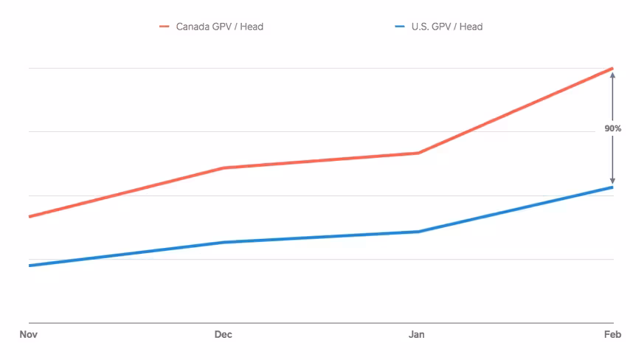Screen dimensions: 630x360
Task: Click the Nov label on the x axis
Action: (29, 334)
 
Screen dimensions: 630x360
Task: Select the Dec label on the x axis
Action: (224, 334)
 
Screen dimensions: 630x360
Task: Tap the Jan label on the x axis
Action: (417, 334)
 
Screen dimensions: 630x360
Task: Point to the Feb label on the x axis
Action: (613, 334)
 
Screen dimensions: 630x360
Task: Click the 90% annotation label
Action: (613, 128)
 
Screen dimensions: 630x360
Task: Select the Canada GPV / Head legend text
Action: (220, 27)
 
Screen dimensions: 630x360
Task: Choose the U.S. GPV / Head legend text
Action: (447, 27)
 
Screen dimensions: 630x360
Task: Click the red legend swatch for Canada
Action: (165, 27)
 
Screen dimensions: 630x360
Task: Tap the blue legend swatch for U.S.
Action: (400, 27)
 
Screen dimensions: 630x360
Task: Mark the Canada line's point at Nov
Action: (30, 217)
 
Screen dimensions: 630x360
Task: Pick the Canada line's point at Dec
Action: (224, 167)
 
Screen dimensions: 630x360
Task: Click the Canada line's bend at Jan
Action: (418, 153)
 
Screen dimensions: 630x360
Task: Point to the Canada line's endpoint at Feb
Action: (612, 69)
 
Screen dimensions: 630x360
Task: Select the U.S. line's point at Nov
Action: (30, 266)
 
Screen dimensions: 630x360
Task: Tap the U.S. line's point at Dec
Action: (224, 242)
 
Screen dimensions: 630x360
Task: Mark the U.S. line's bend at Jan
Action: (418, 232)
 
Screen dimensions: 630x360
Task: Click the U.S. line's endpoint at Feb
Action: (612, 187)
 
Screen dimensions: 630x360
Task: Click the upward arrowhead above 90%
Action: (613, 75)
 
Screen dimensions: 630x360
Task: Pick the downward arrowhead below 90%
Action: (613, 181)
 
